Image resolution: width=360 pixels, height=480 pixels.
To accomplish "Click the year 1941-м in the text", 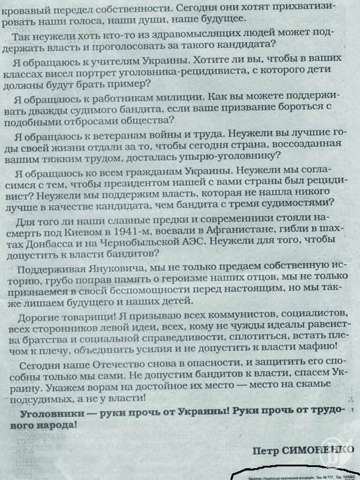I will (152, 232).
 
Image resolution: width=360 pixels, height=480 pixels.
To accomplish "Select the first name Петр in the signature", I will (264, 450).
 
